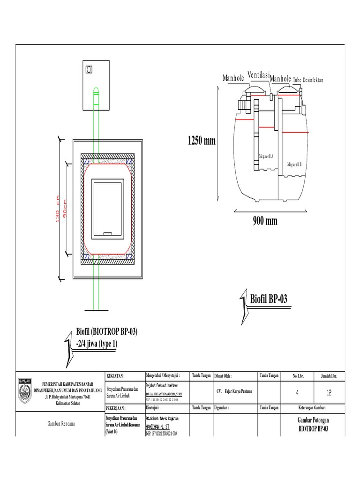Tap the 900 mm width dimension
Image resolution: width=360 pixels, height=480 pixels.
[x=264, y=221]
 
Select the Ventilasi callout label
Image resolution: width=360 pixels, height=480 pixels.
[x=258, y=75]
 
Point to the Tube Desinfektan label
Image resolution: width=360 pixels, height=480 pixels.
[x=308, y=80]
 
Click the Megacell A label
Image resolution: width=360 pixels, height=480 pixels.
[x=266, y=156]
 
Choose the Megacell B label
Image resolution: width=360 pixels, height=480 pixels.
[x=294, y=165]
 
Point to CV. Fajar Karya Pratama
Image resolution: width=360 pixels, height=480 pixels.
[x=234, y=390]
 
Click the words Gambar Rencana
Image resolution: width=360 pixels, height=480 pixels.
[x=62, y=424]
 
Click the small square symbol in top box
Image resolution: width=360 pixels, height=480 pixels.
[x=89, y=69]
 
